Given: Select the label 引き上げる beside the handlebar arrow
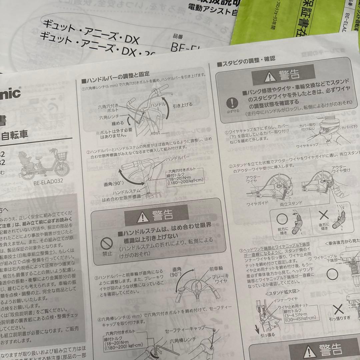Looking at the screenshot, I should (x=182, y=105).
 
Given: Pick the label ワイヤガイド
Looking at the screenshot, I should (x=257, y=203).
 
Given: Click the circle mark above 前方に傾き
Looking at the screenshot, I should (x=282, y=219).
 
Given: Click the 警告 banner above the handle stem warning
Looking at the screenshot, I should (x=151, y=213).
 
